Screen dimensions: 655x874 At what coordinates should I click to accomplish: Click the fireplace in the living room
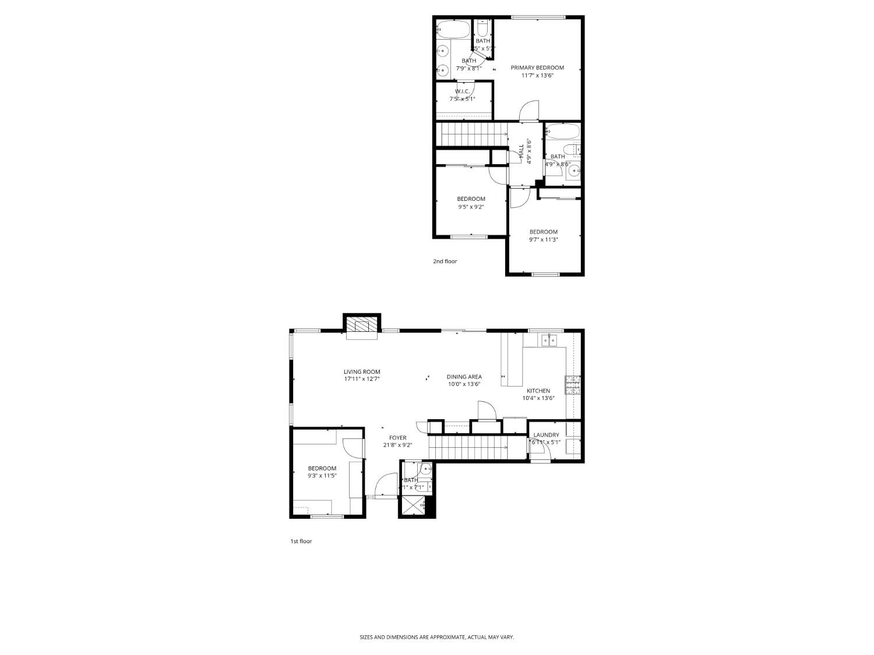(x=362, y=327)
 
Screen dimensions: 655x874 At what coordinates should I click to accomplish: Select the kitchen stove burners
(x=573, y=385)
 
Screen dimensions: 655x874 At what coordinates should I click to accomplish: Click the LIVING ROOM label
(x=362, y=372)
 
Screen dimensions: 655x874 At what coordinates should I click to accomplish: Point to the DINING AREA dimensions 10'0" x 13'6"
(x=464, y=384)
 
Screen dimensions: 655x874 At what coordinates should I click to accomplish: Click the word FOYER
(x=398, y=438)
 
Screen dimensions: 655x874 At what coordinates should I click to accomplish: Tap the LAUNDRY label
(x=546, y=435)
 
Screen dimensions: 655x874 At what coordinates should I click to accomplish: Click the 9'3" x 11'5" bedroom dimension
(x=322, y=476)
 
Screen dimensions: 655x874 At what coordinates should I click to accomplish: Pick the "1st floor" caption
(x=301, y=541)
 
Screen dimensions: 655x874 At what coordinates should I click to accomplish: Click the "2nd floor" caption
(x=445, y=261)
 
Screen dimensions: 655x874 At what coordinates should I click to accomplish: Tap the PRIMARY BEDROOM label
(x=537, y=68)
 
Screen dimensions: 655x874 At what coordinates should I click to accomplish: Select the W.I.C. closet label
(x=462, y=91)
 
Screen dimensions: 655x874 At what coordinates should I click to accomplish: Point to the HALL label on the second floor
(x=521, y=152)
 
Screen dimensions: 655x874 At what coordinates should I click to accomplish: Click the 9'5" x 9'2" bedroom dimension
(x=471, y=207)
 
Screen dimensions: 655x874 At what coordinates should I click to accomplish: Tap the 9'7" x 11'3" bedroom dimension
(x=544, y=239)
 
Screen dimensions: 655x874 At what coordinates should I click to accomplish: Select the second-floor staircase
(x=472, y=136)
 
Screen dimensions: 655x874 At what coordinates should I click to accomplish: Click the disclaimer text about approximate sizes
(x=436, y=638)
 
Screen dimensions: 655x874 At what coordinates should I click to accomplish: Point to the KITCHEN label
(x=538, y=391)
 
